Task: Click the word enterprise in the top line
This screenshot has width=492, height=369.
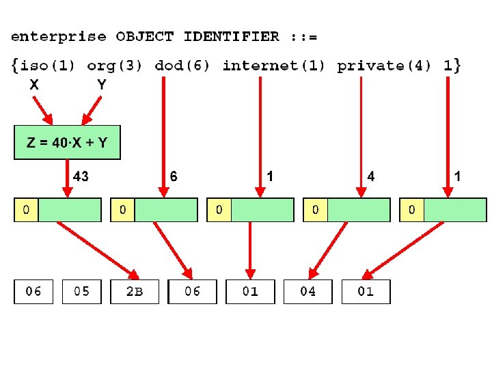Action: click(59, 38)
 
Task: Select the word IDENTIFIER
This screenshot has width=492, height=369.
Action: click(231, 36)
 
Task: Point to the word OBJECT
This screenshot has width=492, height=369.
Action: click(145, 37)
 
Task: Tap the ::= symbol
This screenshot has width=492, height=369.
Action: click(303, 38)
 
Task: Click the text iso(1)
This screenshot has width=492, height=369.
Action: click(47, 66)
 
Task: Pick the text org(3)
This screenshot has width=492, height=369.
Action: click(115, 66)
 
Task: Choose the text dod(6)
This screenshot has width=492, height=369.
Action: click(182, 66)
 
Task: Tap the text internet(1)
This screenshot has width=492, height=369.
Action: click(273, 66)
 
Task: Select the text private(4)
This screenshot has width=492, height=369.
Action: click(384, 66)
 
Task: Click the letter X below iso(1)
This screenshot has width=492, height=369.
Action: click(34, 85)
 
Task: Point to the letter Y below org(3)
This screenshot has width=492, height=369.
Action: click(102, 85)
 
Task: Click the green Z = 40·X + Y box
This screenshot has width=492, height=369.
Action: click(67, 142)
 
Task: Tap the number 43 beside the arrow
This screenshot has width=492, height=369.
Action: click(81, 176)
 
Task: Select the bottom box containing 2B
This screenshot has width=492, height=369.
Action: click(135, 292)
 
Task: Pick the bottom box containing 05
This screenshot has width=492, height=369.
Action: click(81, 292)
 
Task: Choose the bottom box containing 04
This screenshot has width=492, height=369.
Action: click(307, 292)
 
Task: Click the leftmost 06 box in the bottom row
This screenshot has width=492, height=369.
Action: click(33, 292)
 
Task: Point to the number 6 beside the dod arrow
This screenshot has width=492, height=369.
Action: click(174, 176)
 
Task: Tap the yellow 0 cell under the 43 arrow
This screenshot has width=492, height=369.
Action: click(26, 210)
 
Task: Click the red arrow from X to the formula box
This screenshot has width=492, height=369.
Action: click(43, 111)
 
